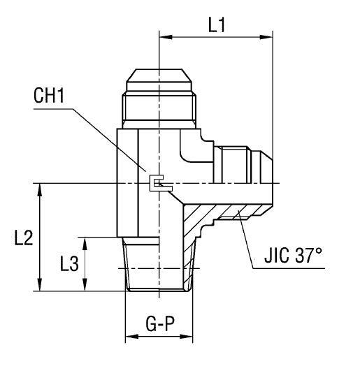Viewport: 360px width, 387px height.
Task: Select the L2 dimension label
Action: point(23,238)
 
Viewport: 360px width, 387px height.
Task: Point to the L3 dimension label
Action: point(69,264)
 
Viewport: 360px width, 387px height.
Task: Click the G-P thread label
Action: point(159,323)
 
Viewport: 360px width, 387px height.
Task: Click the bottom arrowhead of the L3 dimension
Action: point(86,286)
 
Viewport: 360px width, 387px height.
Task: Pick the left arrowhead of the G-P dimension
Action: point(131,337)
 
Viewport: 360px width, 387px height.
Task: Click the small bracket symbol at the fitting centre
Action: point(159,184)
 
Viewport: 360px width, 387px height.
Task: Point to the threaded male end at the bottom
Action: point(159,264)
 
